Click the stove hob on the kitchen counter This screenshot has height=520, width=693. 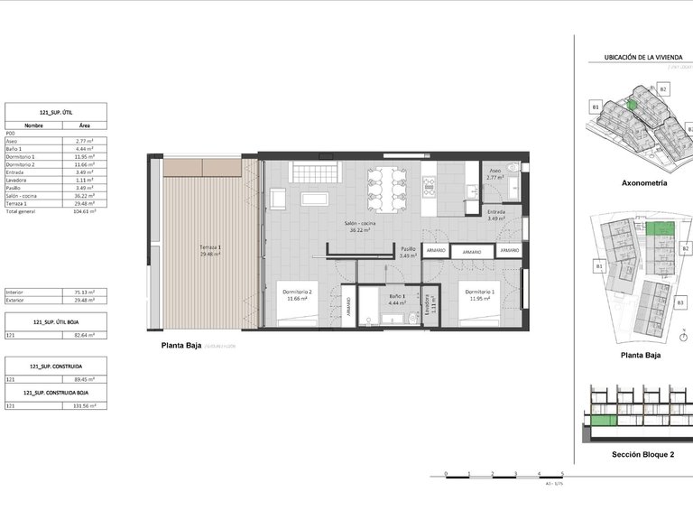pyautogui.click(x=429, y=186)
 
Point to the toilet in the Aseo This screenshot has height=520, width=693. pyautogui.click(x=513, y=168)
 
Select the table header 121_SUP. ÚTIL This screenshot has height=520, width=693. pyautogui.click(x=56, y=112)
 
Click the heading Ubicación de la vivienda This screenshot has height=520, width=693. pyautogui.click(x=642, y=58)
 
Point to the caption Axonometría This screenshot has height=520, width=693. pyautogui.click(x=644, y=182)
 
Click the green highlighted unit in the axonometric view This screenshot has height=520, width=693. pyautogui.click(x=633, y=105)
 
